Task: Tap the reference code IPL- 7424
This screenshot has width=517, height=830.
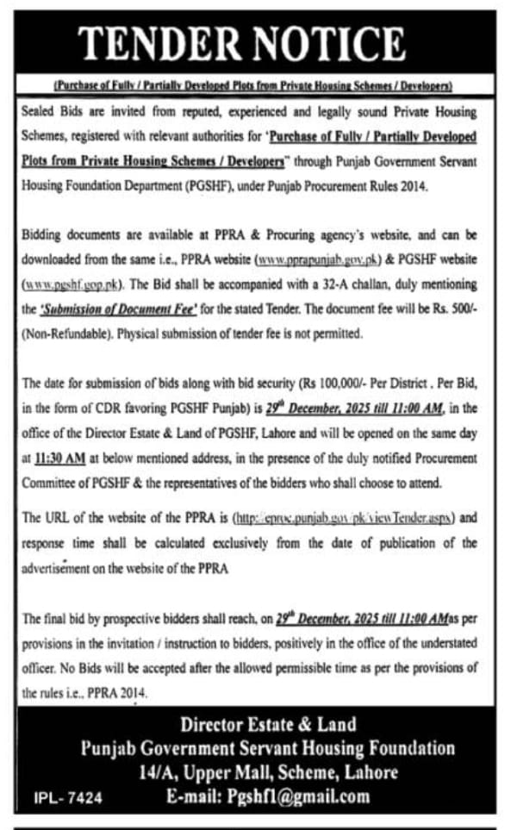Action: pos(69,798)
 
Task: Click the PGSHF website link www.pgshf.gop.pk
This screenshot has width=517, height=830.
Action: pos(75,282)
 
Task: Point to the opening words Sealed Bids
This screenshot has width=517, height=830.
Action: pos(53,112)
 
